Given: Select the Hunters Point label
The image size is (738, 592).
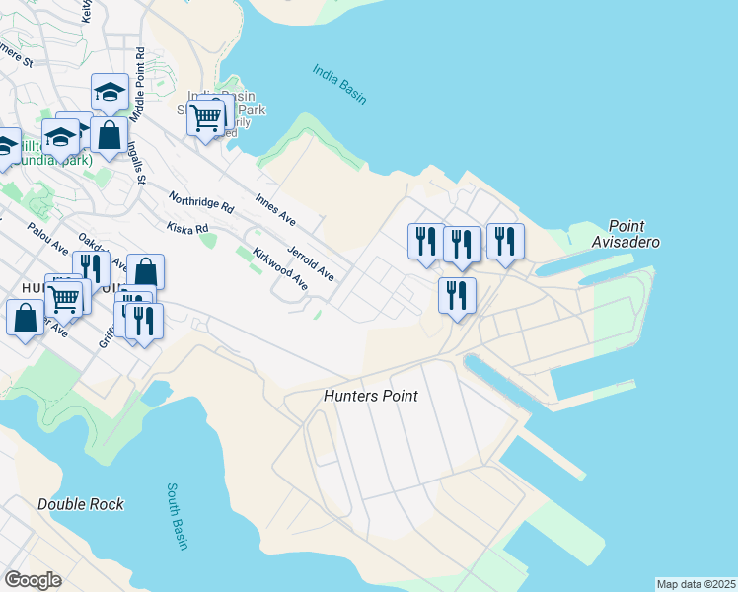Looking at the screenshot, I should point(370,396).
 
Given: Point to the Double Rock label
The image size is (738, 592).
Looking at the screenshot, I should point(81,504).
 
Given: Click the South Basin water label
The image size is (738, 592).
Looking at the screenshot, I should point(178,516).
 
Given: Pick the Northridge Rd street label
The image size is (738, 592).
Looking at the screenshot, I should point(201,202).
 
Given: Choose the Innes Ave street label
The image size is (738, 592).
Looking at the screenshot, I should point(275,208).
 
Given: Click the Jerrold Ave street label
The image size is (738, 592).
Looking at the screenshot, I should point(310,261).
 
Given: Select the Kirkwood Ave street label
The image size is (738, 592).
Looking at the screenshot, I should point(280,268).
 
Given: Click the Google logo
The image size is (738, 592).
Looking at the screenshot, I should point(33,580).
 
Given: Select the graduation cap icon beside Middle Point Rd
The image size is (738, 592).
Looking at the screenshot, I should point(110,92).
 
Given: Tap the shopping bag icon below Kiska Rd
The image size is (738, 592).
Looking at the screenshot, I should point(145,271).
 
